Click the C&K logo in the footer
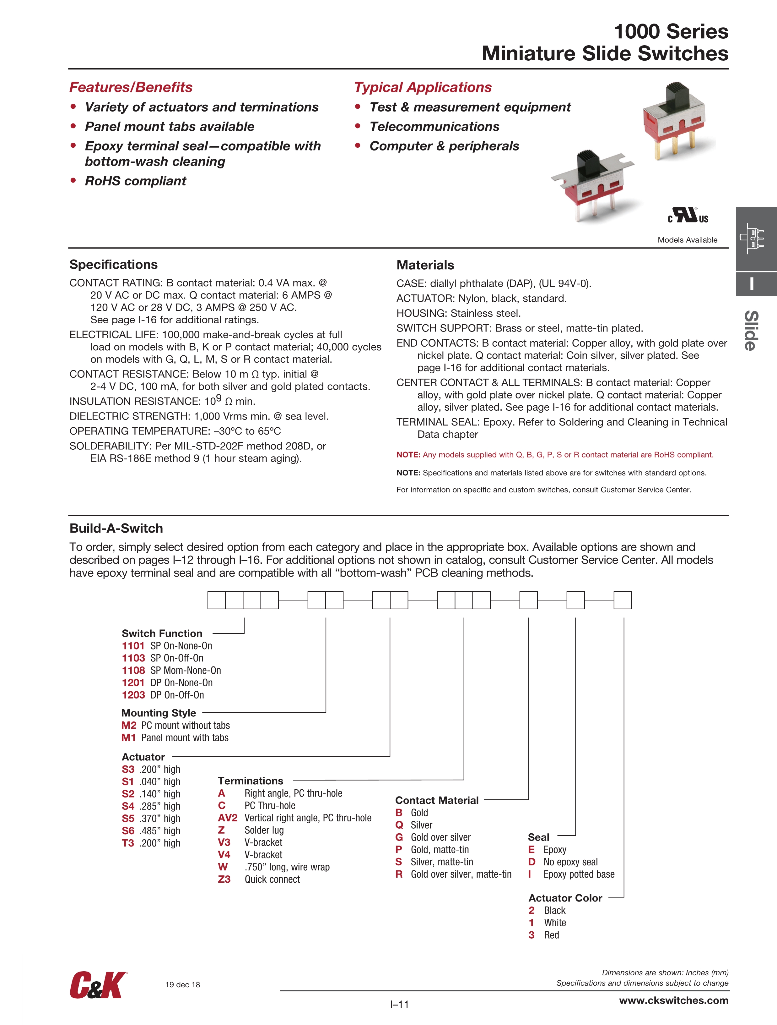[x=98, y=986]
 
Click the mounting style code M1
[x=129, y=738]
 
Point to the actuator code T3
[x=128, y=843]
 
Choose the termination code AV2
[x=227, y=818]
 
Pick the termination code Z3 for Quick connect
[x=224, y=880]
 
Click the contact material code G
[x=399, y=837]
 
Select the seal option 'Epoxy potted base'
[x=579, y=874]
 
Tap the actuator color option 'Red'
[x=551, y=935]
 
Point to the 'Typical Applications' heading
[x=422, y=87]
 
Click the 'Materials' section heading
[x=425, y=265]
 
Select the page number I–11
[x=399, y=1005]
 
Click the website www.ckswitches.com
[x=674, y=1000]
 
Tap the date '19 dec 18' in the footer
[x=182, y=985]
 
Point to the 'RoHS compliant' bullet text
[x=135, y=181]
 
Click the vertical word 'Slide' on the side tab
[x=751, y=330]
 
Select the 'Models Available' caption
[x=687, y=240]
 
